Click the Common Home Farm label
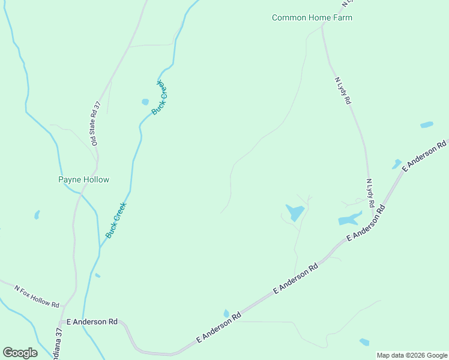click(312, 17)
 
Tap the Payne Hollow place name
click(83, 179)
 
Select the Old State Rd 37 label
click(95, 124)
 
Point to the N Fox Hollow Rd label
click(37, 296)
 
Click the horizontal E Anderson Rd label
click(92, 322)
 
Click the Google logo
click(20, 353)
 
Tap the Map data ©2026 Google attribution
click(412, 355)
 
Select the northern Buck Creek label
click(159, 98)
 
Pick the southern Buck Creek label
click(116, 221)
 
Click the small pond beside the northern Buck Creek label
click(145, 102)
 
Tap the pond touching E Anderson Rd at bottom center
click(226, 313)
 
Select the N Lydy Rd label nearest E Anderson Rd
click(370, 192)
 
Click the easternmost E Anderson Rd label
click(425, 156)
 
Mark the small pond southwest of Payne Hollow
click(37, 214)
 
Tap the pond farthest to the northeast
click(427, 125)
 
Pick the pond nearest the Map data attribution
click(364, 342)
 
